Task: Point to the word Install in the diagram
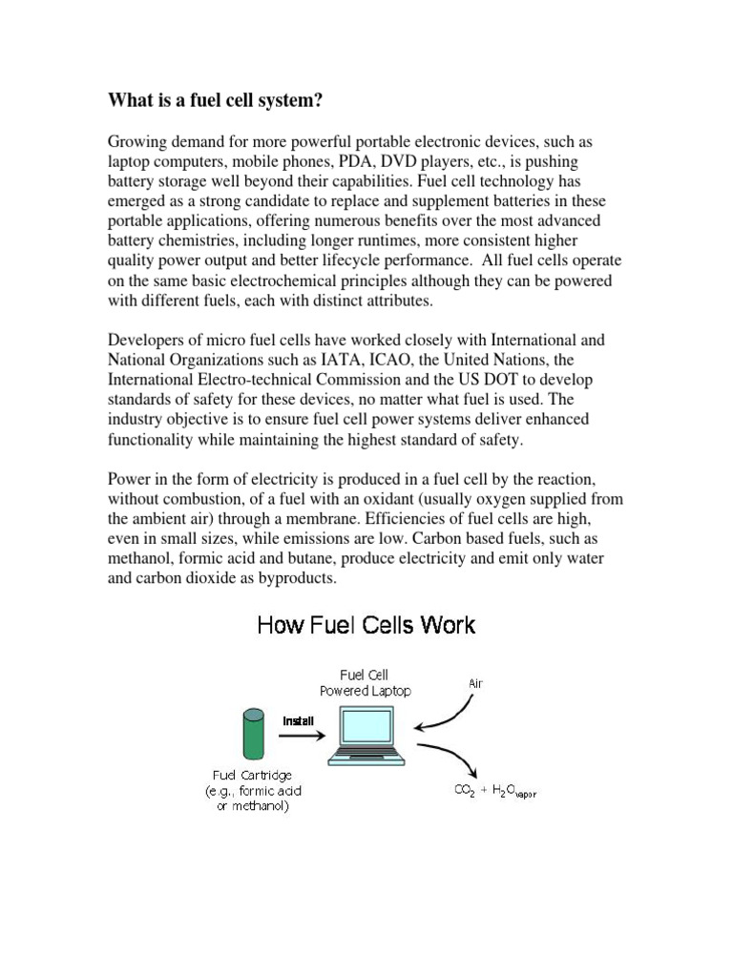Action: tap(297, 720)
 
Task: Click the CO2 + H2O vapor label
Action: tap(493, 791)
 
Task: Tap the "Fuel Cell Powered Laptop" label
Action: tap(366, 683)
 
